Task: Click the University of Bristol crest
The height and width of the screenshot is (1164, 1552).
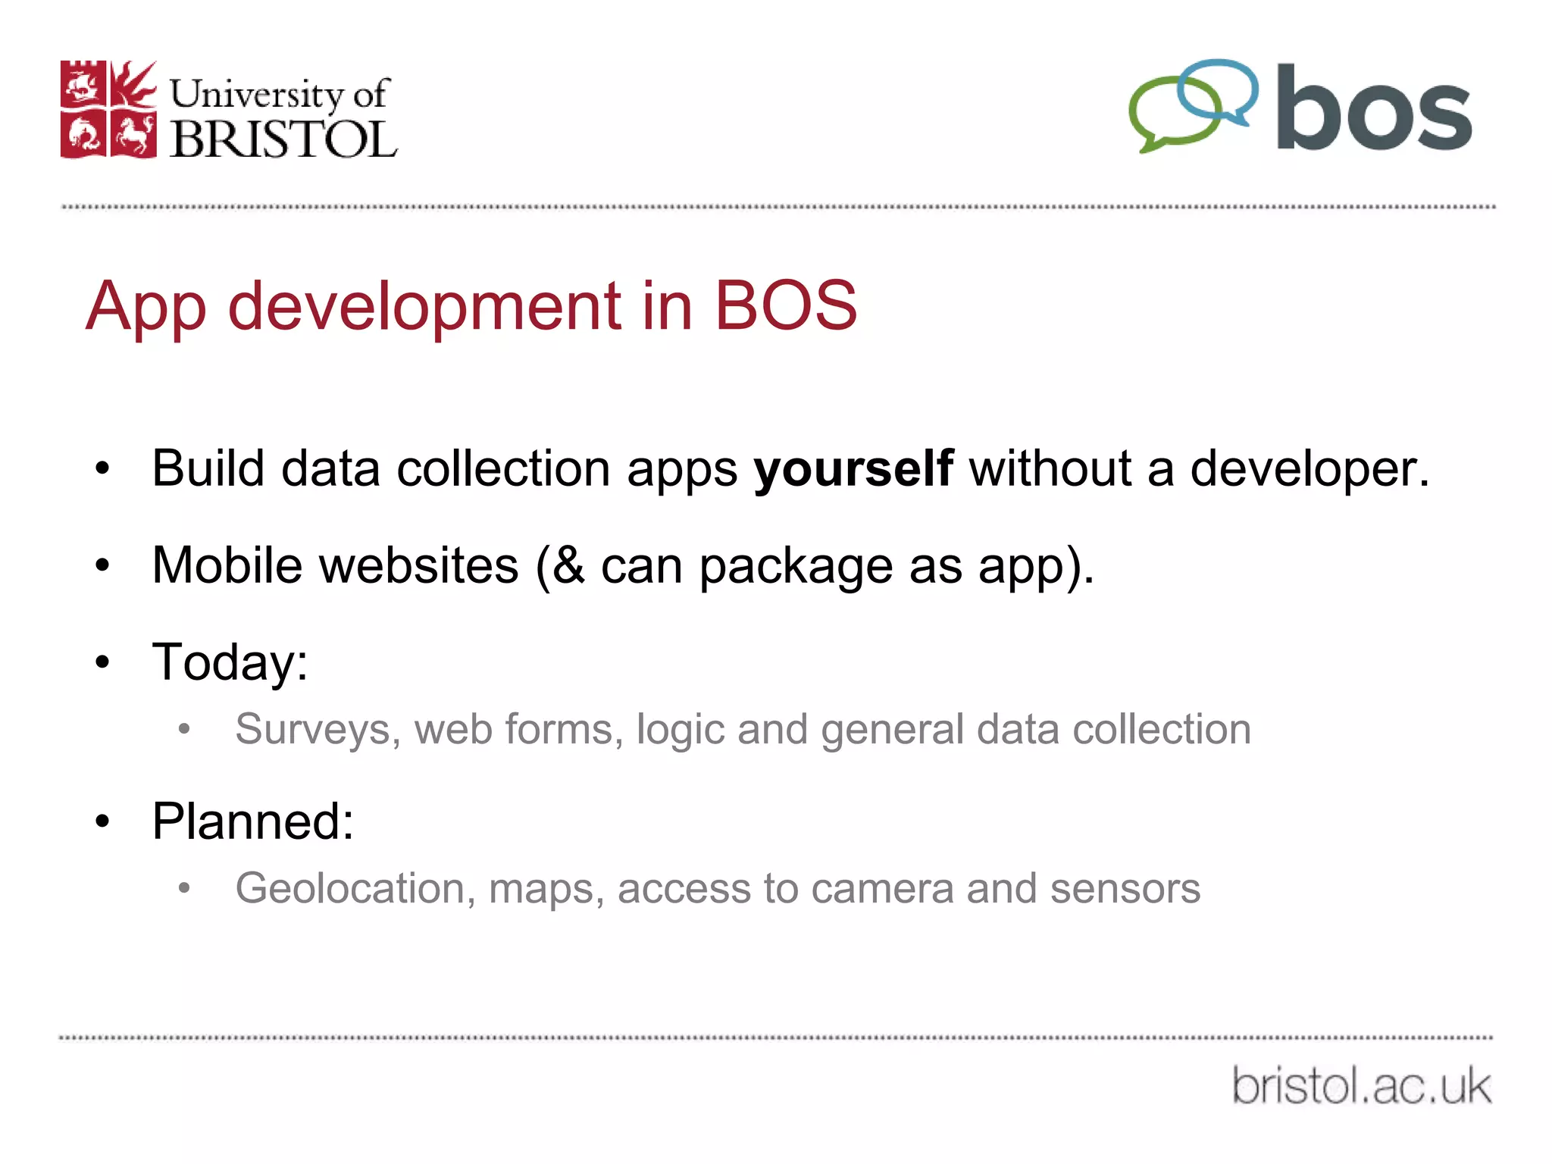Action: point(108,109)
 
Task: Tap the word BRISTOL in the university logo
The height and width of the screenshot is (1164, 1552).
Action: point(283,139)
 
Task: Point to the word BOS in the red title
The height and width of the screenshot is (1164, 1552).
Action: point(785,305)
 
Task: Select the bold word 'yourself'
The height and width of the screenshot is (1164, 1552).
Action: point(853,468)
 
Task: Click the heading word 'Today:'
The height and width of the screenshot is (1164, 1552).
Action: point(230,662)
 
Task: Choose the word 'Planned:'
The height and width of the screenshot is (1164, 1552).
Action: point(253,821)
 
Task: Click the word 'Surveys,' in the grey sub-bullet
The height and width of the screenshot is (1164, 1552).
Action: point(318,730)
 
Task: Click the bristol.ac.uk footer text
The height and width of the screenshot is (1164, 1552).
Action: point(1361,1085)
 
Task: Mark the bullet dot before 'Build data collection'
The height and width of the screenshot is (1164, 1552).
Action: point(103,469)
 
